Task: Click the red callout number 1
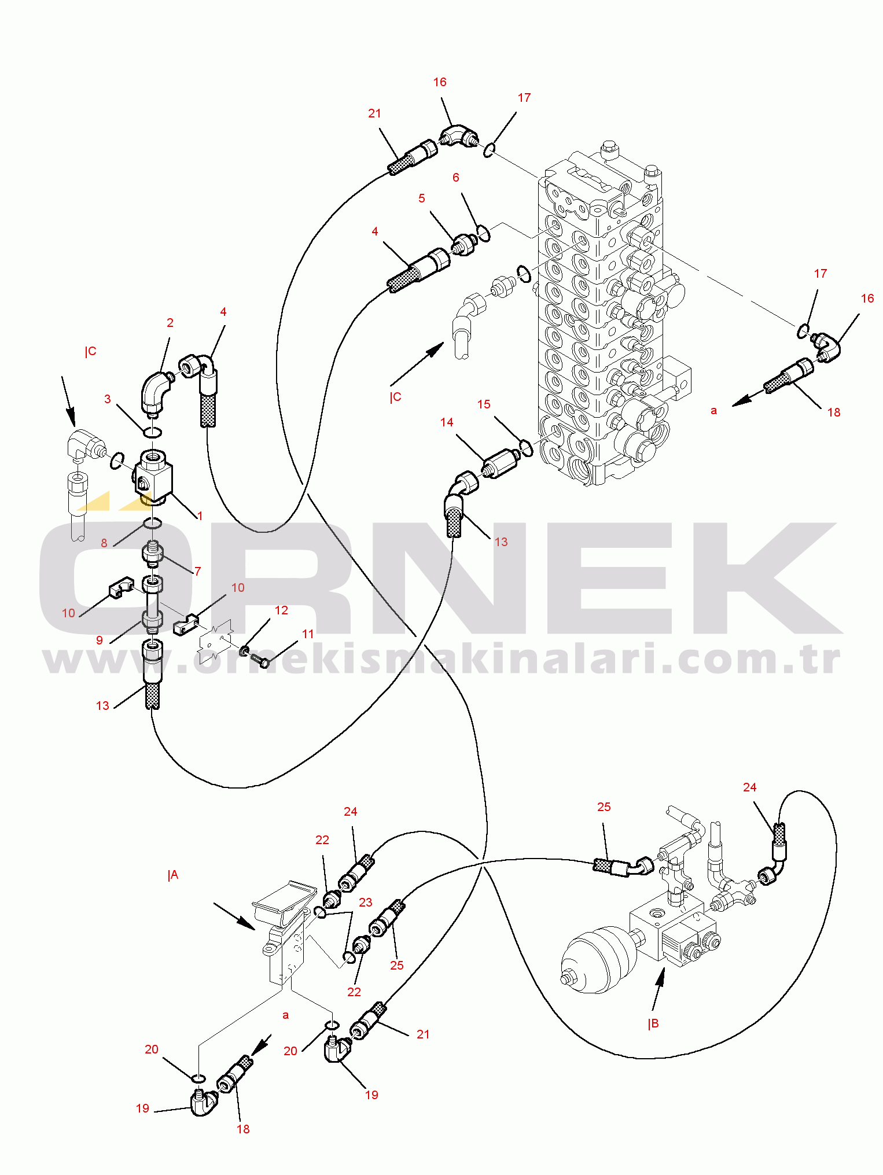click(x=200, y=515)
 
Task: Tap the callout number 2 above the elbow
click(x=170, y=323)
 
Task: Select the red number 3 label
click(x=108, y=399)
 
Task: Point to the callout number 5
click(x=422, y=198)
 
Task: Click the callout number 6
click(x=456, y=178)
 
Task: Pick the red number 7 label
click(x=198, y=572)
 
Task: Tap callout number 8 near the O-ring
click(x=104, y=543)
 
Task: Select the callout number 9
click(x=100, y=640)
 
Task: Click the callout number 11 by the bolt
click(x=308, y=634)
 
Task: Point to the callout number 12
click(x=281, y=610)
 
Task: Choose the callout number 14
click(x=447, y=422)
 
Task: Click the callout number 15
click(x=484, y=404)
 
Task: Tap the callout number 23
click(x=366, y=903)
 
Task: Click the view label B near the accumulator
click(x=653, y=1024)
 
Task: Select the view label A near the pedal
click(x=173, y=875)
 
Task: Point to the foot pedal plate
click(x=284, y=903)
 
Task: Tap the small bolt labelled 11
click(x=261, y=660)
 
